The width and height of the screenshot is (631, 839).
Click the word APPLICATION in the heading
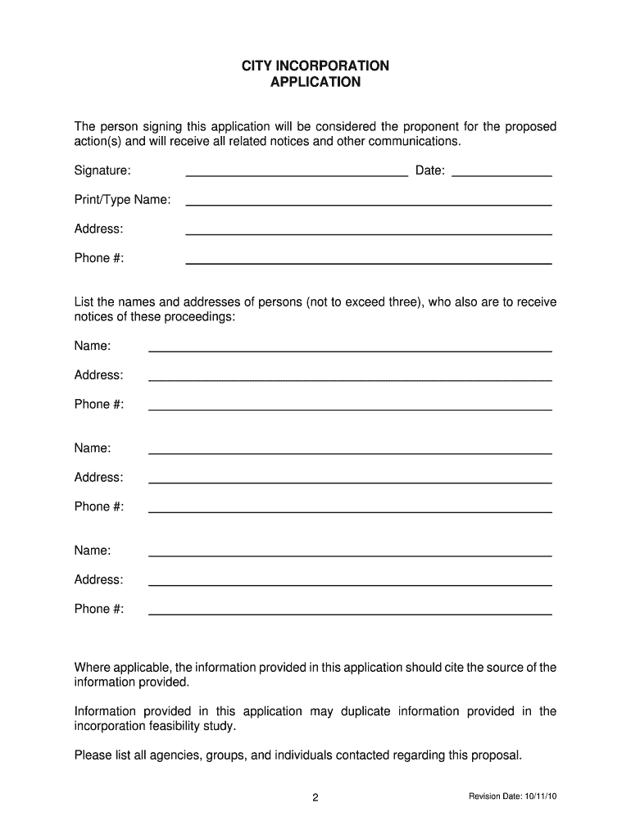click(315, 82)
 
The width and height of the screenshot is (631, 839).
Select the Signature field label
click(102, 170)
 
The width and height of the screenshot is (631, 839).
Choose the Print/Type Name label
click(123, 200)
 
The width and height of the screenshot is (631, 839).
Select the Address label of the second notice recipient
click(99, 478)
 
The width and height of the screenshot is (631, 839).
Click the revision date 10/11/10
click(537, 797)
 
